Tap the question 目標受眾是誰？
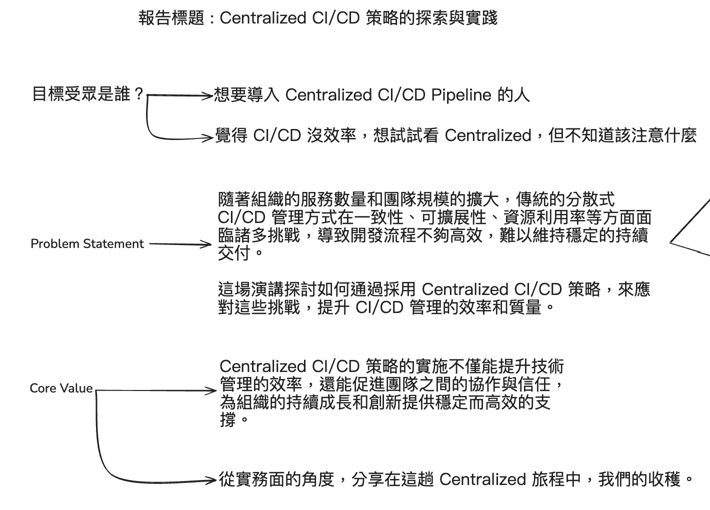click(88, 94)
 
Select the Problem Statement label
click(87, 244)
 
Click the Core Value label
click(61, 388)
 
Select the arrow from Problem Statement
click(180, 244)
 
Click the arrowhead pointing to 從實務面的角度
click(212, 481)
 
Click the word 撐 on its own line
click(228, 420)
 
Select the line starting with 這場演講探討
click(433, 289)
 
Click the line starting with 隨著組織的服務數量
click(416, 199)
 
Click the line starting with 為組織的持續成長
click(385, 402)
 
